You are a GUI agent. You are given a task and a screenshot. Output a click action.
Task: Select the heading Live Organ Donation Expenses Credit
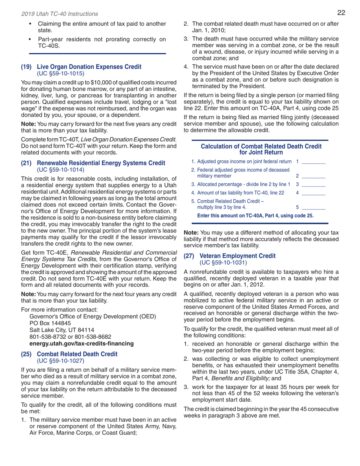tap(89, 66)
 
